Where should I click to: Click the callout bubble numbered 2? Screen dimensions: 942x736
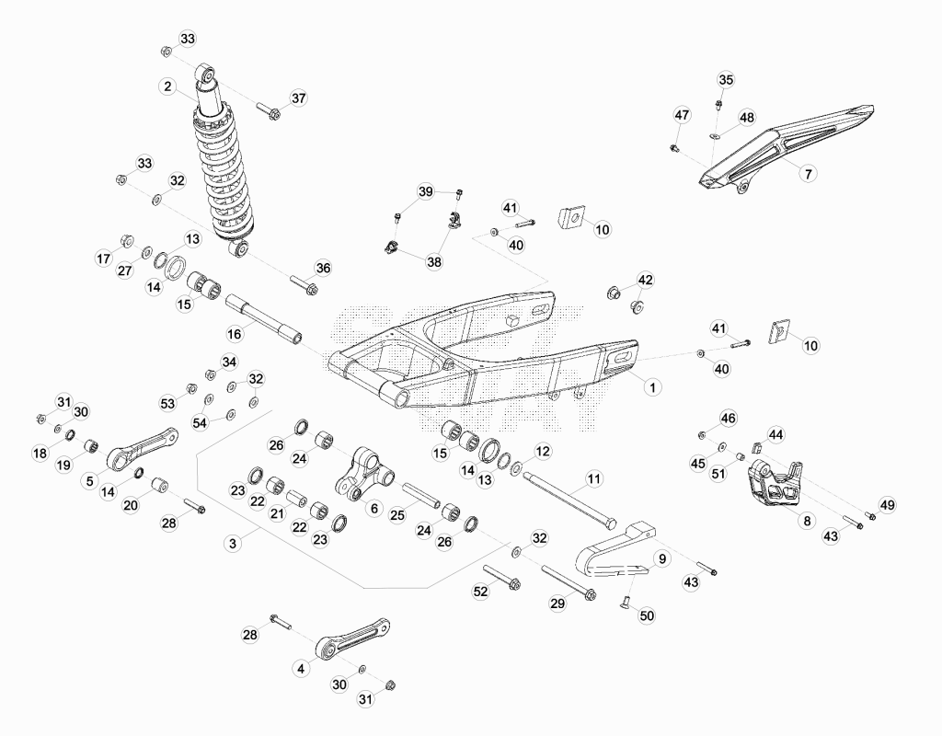click(167, 86)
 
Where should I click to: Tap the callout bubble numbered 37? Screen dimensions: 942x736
click(299, 98)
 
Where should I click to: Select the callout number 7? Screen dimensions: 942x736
click(808, 174)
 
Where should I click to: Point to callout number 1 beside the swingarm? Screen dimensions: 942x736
click(652, 387)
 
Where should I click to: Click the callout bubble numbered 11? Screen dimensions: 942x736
click(593, 478)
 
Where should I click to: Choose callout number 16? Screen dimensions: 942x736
click(235, 333)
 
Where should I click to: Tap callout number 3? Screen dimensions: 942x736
click(233, 544)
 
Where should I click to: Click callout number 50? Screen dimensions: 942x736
click(647, 615)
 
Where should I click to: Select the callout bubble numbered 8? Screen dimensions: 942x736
click(807, 521)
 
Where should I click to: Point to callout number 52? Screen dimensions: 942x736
click(480, 592)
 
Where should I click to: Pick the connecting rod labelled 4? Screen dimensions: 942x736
click(352, 638)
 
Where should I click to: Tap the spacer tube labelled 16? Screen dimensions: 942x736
click(263, 317)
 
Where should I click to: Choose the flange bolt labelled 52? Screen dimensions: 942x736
click(501, 576)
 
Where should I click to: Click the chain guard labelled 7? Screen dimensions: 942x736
click(787, 148)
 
